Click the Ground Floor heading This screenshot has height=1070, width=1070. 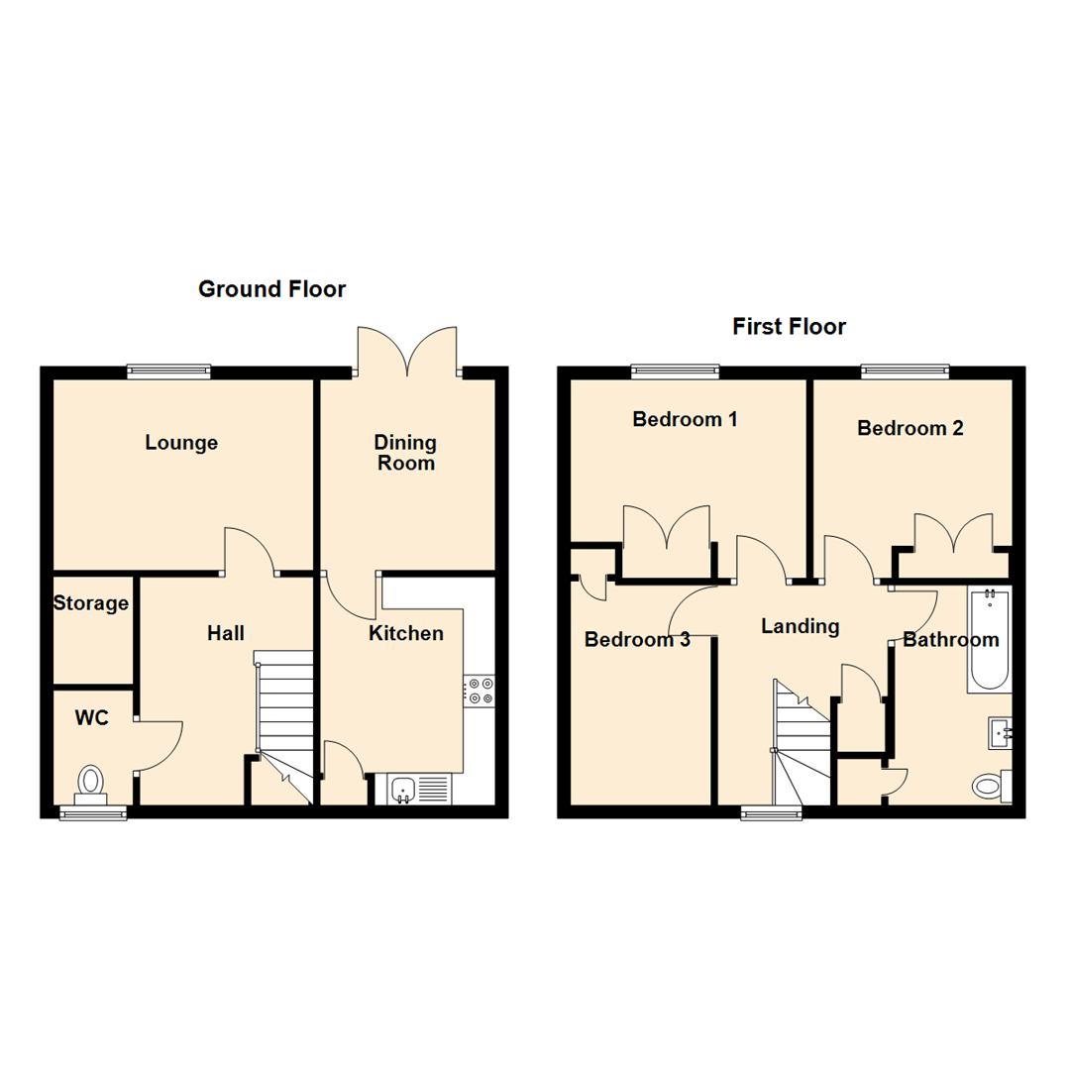coord(271,289)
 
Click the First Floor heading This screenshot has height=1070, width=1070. coord(789,327)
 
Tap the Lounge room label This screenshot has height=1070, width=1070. coord(181,443)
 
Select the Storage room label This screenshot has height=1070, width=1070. coord(91,603)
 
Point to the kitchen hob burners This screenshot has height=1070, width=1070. coord(479,691)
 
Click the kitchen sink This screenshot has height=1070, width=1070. coord(403,789)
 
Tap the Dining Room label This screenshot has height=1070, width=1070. coord(405,453)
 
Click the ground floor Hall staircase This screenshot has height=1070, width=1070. coord(285,713)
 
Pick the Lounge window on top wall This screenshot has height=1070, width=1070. coord(168,372)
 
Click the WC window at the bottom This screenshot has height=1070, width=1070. coord(93,812)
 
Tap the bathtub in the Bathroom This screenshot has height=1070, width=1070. coord(989,639)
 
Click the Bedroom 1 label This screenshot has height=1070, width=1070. coord(685,419)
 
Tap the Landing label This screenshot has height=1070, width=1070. coord(800,626)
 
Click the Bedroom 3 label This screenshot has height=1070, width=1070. coord(637,640)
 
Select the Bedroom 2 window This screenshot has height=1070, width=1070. coord(906,372)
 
